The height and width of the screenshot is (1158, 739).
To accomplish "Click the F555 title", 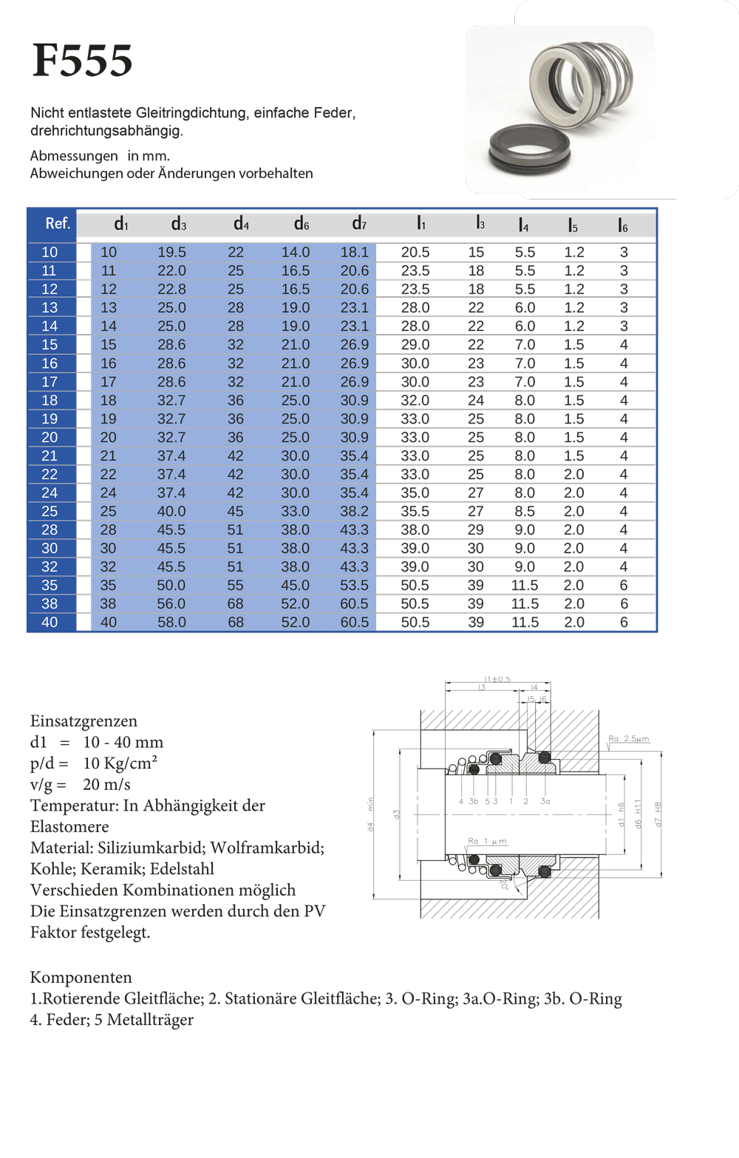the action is click(82, 60).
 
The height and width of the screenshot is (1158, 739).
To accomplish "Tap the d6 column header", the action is click(301, 224).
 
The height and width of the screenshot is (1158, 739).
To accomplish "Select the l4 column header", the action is click(523, 225).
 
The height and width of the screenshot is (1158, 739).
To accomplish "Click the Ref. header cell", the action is click(58, 223).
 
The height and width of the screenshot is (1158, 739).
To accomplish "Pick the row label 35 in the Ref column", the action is click(50, 585).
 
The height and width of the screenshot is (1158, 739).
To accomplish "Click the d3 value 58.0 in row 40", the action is click(171, 622).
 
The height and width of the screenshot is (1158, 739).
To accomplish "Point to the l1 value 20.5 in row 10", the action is click(415, 252).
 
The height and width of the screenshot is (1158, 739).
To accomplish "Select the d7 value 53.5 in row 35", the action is click(354, 585).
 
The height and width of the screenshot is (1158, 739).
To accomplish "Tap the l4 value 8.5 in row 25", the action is click(525, 511).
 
